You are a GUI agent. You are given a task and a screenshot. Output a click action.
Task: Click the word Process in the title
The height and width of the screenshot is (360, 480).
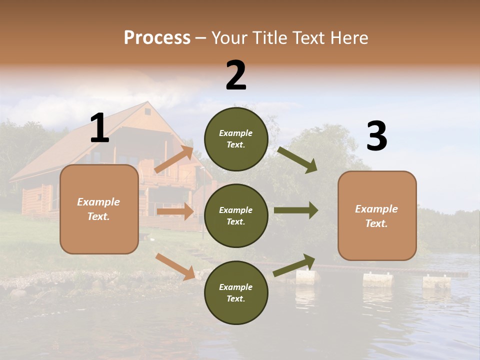(x=157, y=38)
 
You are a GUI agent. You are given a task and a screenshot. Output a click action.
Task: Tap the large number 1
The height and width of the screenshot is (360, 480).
(x=99, y=128)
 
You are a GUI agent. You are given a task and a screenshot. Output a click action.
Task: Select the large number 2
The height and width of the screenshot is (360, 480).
(x=236, y=75)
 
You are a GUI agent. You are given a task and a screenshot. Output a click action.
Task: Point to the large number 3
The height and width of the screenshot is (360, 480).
(x=376, y=136)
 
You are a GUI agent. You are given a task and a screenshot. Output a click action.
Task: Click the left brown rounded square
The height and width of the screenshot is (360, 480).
(x=99, y=209)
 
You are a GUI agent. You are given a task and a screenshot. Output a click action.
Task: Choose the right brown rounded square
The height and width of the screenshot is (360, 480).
(x=377, y=215)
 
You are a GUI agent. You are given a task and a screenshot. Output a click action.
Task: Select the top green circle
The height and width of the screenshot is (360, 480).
(x=236, y=139)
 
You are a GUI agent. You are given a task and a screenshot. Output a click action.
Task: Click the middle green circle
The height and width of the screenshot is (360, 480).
(x=236, y=215)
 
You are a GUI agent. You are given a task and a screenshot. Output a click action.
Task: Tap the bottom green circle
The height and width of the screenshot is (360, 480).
(x=236, y=292)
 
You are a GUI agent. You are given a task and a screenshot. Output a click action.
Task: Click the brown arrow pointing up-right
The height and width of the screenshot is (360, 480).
(x=174, y=159)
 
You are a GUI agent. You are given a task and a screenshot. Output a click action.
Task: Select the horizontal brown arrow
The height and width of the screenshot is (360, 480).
(x=175, y=211)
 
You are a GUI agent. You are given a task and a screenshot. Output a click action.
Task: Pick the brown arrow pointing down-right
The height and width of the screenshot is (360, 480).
(x=175, y=266)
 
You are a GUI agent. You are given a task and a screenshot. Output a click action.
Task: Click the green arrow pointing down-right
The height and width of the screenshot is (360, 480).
(x=297, y=159)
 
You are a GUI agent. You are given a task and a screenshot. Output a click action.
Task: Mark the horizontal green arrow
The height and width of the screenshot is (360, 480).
(x=295, y=210)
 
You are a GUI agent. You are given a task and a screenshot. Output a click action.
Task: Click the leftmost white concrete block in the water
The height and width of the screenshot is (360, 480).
(x=306, y=277)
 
